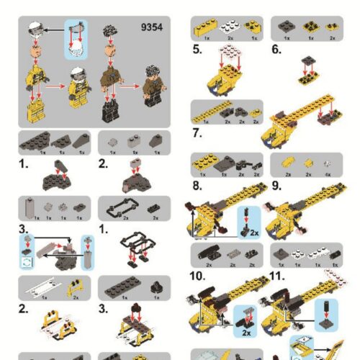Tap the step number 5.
click(197, 50)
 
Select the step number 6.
click(276, 50)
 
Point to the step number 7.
click(197, 132)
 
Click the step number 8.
click(197, 185)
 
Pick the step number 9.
click(276, 185)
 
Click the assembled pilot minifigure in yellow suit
click(77, 86)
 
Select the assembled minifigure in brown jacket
click(151, 86)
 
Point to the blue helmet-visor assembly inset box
click(75, 40)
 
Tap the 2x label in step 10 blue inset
click(246, 333)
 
